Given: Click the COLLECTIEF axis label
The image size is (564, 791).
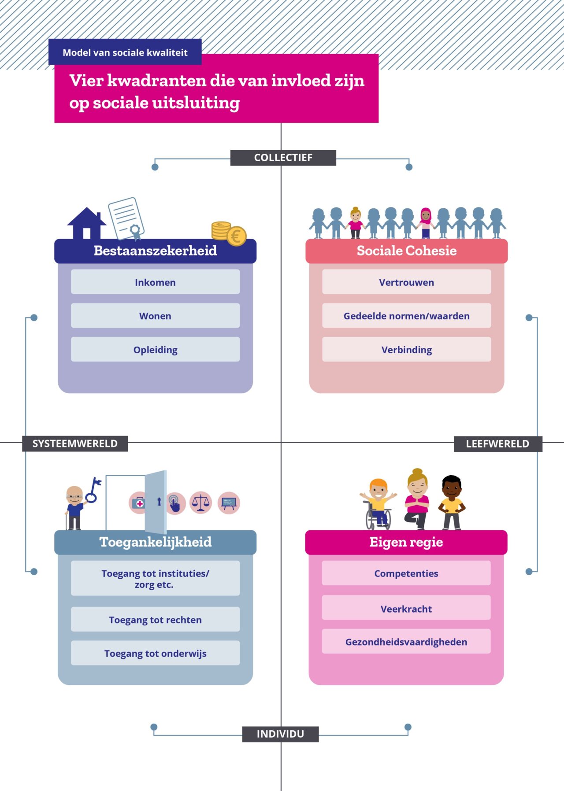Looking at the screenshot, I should coord(283,158).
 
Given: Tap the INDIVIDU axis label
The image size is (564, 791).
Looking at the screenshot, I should coord(280,734).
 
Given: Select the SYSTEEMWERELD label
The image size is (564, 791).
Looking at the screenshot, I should coord(75,444).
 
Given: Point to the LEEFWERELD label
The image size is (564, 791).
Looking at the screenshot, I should coord(497,444).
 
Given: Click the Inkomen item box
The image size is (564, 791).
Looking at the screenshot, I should coord(155,282).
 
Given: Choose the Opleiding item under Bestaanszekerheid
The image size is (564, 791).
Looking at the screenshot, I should coord(155,349).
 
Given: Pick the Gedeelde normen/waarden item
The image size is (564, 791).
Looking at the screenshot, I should coord(406,315).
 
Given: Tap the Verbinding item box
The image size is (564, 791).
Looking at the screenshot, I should coord(406,349).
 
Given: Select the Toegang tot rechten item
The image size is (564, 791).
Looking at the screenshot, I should coord(155,619).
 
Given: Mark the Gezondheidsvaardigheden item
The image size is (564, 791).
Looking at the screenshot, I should coord(406,641).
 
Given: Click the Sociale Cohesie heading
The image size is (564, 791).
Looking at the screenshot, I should coord(406,251).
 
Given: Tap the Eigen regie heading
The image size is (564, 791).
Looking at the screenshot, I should coord(406,542).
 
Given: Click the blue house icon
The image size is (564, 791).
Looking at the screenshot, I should coord(87,223).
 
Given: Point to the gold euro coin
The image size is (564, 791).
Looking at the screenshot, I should coord(237,236).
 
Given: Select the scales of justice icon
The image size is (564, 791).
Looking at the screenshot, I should coord(201,502).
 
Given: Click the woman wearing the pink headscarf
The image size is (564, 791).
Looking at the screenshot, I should coord(425,222).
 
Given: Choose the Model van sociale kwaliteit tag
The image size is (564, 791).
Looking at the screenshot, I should coord(125,52).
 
